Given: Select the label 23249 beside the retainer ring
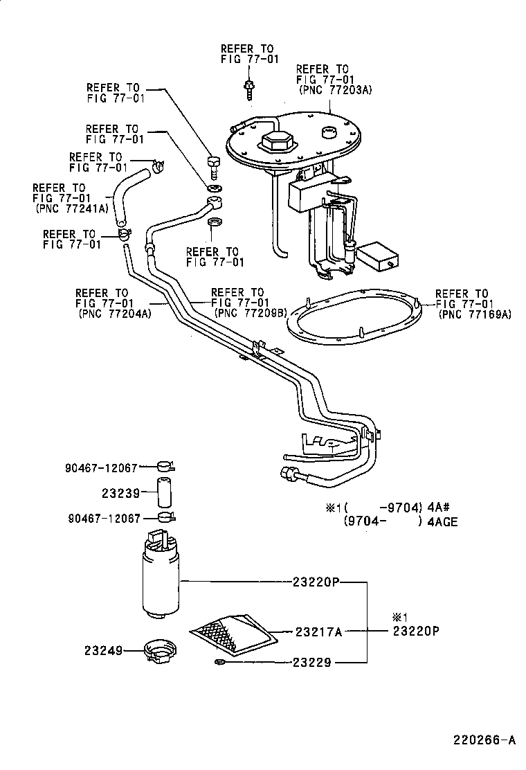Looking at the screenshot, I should [x=103, y=650].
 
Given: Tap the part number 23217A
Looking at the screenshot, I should [x=319, y=631].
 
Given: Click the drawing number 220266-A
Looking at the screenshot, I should [x=484, y=740].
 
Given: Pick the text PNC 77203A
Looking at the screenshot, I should [x=336, y=89].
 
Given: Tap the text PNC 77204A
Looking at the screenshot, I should [x=114, y=313].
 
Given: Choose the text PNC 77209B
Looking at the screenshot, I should [x=251, y=313].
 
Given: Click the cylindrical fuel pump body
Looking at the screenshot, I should [x=161, y=578].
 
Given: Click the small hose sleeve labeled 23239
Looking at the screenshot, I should [x=163, y=493].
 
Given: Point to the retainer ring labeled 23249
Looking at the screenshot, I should [x=160, y=651].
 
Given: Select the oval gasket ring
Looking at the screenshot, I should [x=360, y=321].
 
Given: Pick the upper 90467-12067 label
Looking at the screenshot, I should [x=103, y=468].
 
